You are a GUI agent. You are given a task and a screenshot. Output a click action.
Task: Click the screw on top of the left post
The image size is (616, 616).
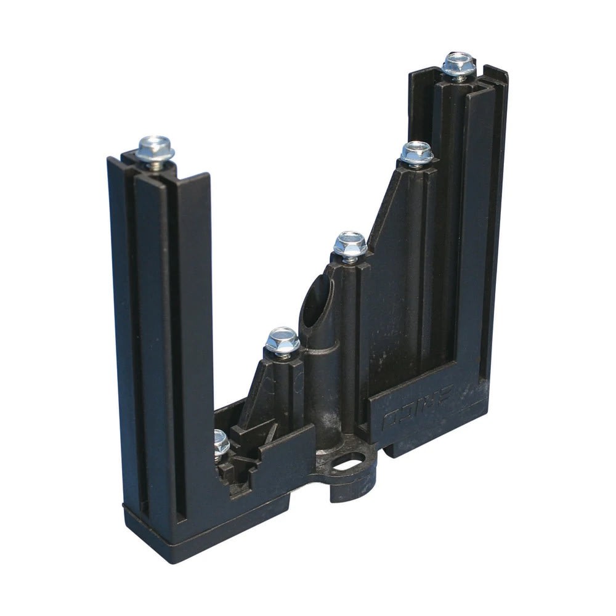pos(155,148)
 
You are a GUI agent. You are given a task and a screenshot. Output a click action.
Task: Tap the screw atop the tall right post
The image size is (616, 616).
pos(459,63)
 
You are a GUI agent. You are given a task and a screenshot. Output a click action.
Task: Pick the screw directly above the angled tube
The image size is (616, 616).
pos(350,245)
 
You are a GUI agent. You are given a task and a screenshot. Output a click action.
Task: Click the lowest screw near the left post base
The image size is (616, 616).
pos(220,442)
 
